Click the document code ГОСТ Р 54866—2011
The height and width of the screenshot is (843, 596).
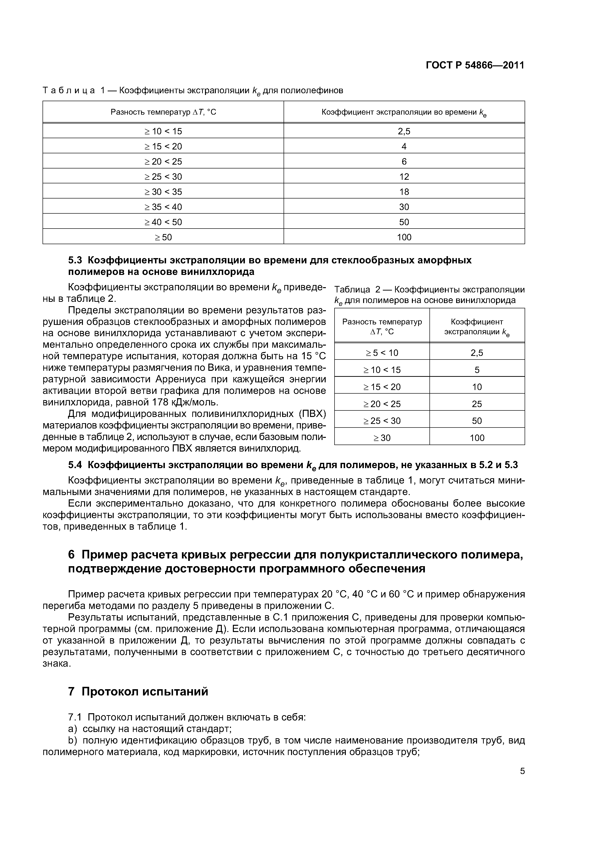coord(475,65)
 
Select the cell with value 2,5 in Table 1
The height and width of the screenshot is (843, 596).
coord(404,131)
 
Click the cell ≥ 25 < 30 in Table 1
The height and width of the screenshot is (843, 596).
coord(163,177)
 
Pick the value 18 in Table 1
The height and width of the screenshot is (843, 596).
coord(404,192)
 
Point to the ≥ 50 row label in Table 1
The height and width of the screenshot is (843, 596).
coord(163,237)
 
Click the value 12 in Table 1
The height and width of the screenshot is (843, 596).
coord(404,177)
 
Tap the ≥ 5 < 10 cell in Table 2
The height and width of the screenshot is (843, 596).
coord(382,353)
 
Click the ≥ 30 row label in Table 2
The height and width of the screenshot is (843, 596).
coord(382,438)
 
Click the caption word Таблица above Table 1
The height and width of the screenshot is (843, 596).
coord(69,90)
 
